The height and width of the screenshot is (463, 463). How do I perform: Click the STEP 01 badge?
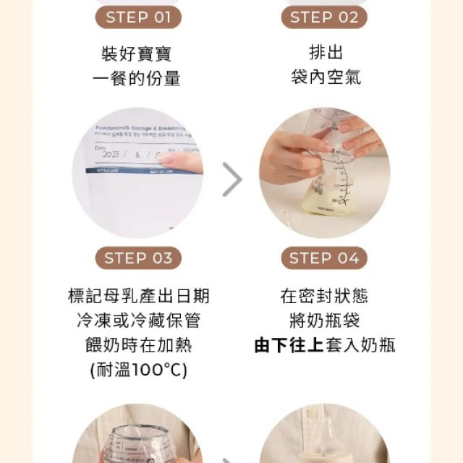click(x=137, y=17)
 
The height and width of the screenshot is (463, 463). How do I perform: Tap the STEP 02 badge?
click(x=324, y=17)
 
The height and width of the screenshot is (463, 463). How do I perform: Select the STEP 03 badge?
click(x=137, y=258)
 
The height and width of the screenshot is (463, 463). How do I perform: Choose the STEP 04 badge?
click(x=324, y=258)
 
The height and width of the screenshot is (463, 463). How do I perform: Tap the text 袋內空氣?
click(x=325, y=77)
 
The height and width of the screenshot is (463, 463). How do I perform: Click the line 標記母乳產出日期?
click(x=137, y=296)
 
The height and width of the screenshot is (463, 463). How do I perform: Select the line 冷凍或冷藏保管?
click(x=137, y=320)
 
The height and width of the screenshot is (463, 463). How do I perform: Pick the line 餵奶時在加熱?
click(x=137, y=344)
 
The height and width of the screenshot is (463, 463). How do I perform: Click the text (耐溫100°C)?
click(x=137, y=369)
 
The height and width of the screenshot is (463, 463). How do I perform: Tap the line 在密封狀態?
click(x=324, y=296)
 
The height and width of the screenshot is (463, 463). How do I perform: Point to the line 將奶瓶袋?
click(x=324, y=320)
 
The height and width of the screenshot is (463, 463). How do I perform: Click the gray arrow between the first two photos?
click(x=231, y=179)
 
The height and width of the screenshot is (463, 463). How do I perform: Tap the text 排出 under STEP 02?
click(x=325, y=54)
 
